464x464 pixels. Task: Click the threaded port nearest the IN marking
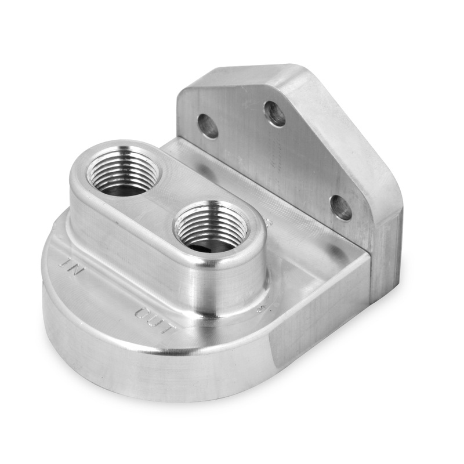[x=122, y=170]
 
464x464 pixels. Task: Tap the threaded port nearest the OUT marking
[x=212, y=227]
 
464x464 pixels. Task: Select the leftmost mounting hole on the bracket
[x=208, y=126]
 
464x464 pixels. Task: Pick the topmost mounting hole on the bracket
[x=275, y=114]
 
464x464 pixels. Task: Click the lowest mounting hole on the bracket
[x=340, y=207]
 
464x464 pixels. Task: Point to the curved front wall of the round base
[x=145, y=371]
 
